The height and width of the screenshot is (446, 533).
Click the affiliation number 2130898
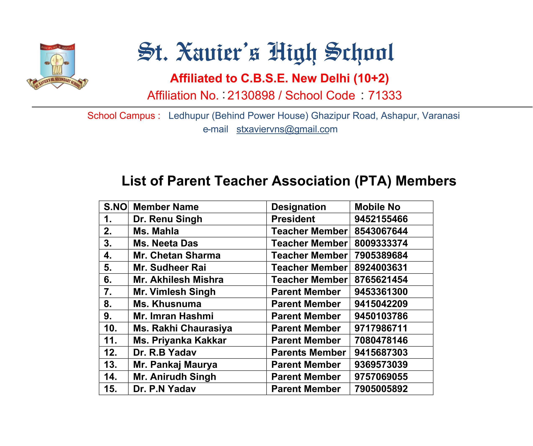coord(251,96)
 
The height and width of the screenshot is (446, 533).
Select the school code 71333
coord(385,96)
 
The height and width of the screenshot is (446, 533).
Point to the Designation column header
coord(299,207)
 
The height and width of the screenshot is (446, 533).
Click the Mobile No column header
coord(377,207)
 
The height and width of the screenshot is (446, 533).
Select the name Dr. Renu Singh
coord(168,219)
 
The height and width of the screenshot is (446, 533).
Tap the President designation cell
coord(293,219)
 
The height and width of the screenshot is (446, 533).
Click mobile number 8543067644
coord(381,231)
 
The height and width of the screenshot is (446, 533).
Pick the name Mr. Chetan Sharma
coord(177,255)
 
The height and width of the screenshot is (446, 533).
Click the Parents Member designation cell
coord(308,352)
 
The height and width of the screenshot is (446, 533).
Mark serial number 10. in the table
coord(110,328)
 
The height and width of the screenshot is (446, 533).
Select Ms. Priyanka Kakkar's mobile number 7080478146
coord(381,340)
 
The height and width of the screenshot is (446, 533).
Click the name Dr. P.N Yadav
coord(164,389)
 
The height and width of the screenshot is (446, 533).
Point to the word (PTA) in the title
coord(373,181)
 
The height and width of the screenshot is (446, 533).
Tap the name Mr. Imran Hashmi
coord(173,316)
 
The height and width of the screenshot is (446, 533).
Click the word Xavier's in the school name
coord(218,52)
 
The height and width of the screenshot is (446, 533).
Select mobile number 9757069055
coord(381,377)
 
